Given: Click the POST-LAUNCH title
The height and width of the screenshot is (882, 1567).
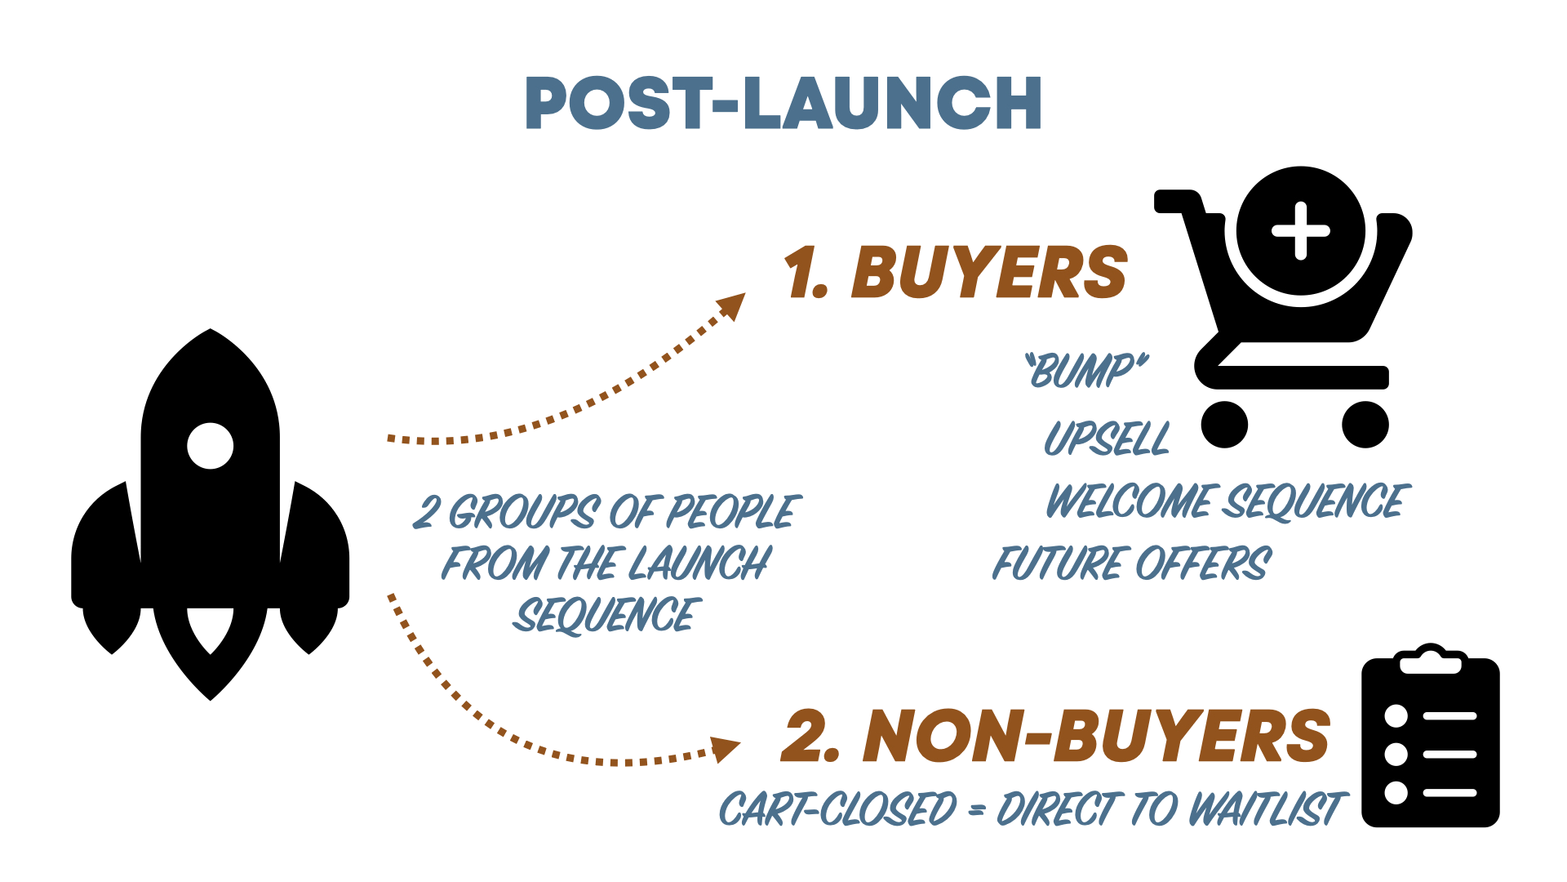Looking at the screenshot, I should pos(783,103).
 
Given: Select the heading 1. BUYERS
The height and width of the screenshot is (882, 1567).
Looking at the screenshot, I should pos(955,273).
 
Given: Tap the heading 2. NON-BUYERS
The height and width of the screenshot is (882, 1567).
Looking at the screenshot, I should pos(1054,737).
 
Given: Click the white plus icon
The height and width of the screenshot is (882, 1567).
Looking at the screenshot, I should pos(1300,231).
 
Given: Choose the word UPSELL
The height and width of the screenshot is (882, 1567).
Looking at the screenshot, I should pos(1107,439).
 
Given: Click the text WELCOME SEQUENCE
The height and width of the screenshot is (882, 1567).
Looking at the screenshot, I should pos(1227,501).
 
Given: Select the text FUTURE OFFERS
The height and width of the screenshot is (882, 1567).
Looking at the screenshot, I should pos(1131,563).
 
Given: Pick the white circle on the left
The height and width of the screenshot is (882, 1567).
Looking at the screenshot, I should pos(211,446).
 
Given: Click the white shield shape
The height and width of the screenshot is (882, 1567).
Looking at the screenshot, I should pos(211,628).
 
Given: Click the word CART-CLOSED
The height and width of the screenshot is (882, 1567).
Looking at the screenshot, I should pos(837,809).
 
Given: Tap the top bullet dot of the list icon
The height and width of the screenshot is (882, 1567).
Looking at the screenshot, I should pos(1396,716).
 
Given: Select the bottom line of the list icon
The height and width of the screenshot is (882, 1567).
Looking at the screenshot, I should pos(1449,792).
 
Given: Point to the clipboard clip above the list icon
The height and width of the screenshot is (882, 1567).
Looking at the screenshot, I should pos(1431,663).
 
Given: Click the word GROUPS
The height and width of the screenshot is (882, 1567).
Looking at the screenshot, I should pos(523,513).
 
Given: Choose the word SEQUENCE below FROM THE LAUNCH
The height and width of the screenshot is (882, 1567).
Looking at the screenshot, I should pos(606,616).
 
